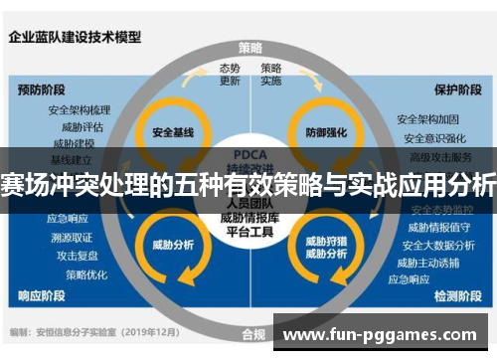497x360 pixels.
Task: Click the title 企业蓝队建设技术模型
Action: point(75,38)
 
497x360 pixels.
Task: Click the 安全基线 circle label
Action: point(171,131)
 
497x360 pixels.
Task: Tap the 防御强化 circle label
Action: point(324,131)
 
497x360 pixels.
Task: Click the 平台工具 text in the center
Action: point(248,233)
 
